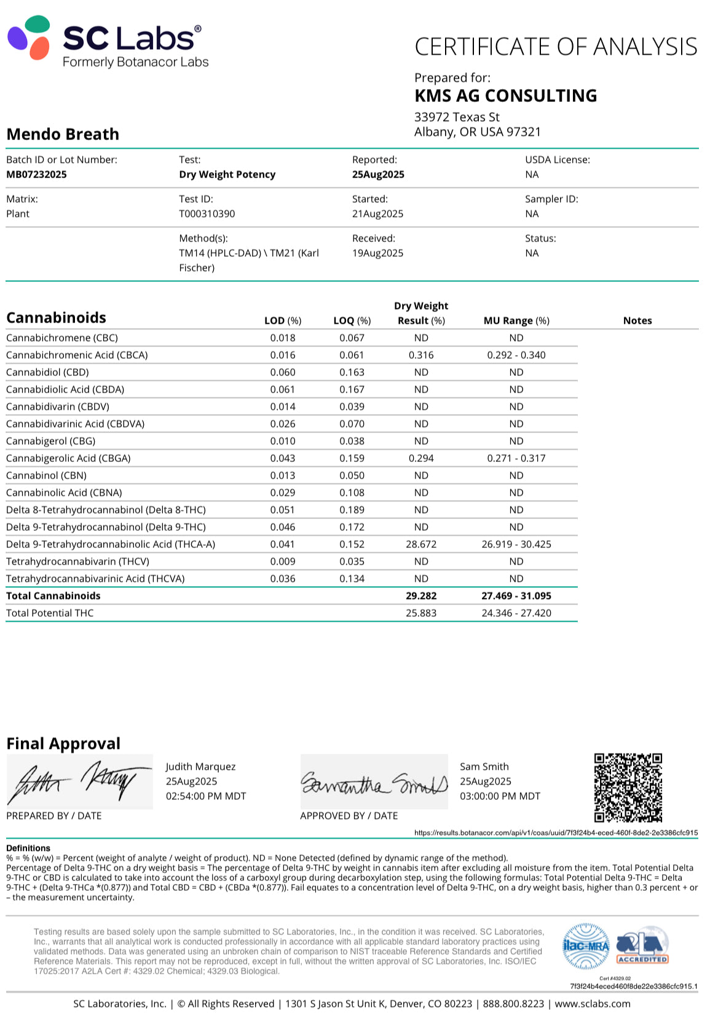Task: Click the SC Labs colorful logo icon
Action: coord(29,38)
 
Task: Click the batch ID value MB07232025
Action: coord(36,174)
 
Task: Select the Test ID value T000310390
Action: coord(207,214)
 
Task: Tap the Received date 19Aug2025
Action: coord(377,253)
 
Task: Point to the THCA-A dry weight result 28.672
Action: coord(421,544)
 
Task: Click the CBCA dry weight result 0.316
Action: coord(421,355)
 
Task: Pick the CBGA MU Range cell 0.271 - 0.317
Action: coord(516,458)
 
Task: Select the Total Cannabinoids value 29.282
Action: coord(421,596)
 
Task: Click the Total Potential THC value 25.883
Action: coord(421,613)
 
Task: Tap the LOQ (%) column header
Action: coord(352,321)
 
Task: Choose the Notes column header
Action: coord(637,321)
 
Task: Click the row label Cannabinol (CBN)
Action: coord(46,475)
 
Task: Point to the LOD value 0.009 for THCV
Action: coord(283,561)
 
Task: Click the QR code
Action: coord(628,788)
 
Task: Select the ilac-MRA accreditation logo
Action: coord(586,946)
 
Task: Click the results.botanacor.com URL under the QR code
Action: coord(556,833)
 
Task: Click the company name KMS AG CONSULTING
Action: coord(505,96)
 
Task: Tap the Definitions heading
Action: coord(28,848)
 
